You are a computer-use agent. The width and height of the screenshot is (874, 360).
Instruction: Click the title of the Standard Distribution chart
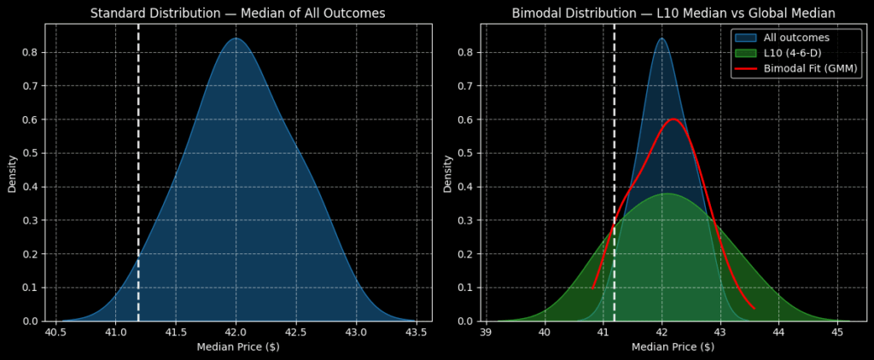point(238,13)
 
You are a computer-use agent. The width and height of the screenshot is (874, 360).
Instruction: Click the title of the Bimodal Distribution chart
point(674,13)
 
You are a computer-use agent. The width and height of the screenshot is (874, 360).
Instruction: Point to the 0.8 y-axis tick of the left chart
point(31,52)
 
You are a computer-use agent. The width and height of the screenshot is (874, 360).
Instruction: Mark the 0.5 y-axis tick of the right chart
point(466,153)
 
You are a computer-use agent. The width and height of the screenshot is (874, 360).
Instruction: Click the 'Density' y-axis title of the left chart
point(13,172)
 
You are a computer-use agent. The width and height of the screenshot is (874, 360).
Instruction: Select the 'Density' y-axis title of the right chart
point(448,172)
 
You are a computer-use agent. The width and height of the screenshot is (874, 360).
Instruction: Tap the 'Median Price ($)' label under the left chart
point(238,347)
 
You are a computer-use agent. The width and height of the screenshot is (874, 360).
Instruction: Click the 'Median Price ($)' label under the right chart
point(673,347)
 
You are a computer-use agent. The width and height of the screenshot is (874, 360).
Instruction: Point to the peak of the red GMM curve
point(673,119)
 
